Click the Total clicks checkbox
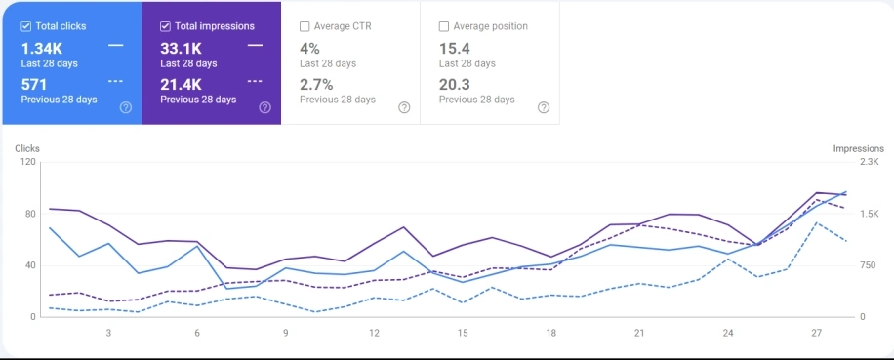26,26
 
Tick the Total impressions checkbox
165,26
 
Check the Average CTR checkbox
305,26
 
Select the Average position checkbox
444,26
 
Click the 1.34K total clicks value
42,47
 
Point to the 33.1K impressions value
181,47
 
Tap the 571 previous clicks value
34,85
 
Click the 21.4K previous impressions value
182,85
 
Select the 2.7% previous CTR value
316,85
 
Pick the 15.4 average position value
455,47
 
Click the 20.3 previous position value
456,85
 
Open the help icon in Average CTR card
404,107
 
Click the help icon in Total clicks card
126,107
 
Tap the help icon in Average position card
544,107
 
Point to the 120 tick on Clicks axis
27,162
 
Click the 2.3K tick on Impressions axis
867,162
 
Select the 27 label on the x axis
816,333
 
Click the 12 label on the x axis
374,333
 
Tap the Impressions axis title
858,148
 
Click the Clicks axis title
27,148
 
